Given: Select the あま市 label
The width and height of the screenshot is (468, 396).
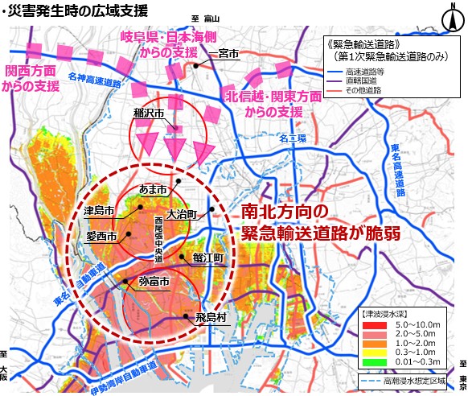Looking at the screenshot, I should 152,189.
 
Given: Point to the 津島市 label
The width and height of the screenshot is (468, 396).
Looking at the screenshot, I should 98,211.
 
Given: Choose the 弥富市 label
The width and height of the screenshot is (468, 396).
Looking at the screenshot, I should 153,283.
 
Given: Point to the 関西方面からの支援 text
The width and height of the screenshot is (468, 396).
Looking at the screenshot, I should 33,77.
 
